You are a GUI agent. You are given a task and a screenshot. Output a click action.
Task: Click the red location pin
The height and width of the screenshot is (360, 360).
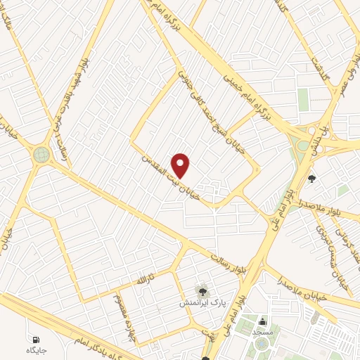click(181, 165)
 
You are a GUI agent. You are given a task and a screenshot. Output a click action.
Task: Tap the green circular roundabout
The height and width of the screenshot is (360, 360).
click(41, 154)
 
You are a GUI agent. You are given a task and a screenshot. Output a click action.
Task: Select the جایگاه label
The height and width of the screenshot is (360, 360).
click(36, 349)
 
